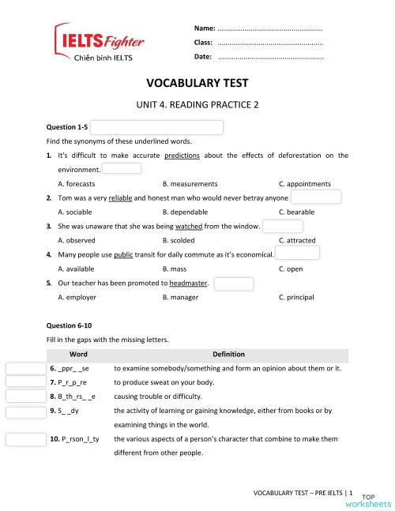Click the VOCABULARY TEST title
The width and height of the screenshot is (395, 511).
click(x=197, y=82)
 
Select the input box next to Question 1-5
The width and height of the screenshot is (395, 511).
click(x=157, y=127)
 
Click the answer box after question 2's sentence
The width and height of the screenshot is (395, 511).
click(x=315, y=197)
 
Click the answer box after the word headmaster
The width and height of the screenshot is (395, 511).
click(x=234, y=283)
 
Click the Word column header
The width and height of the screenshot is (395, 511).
click(x=79, y=354)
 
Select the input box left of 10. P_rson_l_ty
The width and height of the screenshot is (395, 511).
click(x=26, y=439)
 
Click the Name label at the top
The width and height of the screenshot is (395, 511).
click(x=204, y=28)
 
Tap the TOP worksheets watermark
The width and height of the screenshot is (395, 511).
click(x=372, y=500)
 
